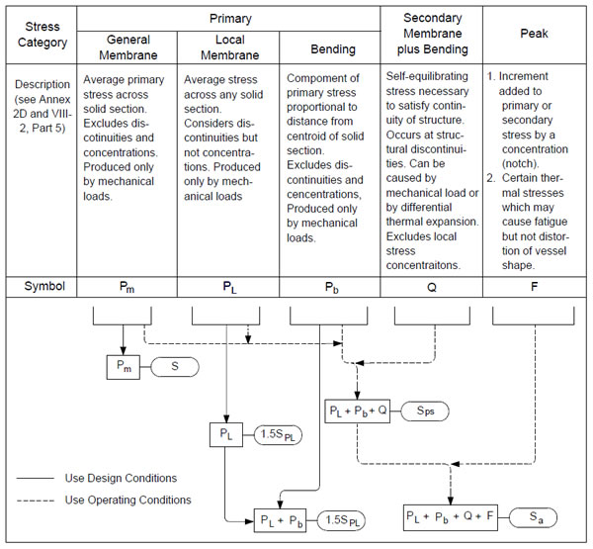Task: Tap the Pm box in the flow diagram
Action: click(x=124, y=368)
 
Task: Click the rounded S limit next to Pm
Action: click(x=174, y=368)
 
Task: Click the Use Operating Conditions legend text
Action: click(x=127, y=500)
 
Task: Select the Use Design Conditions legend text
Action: click(x=121, y=477)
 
